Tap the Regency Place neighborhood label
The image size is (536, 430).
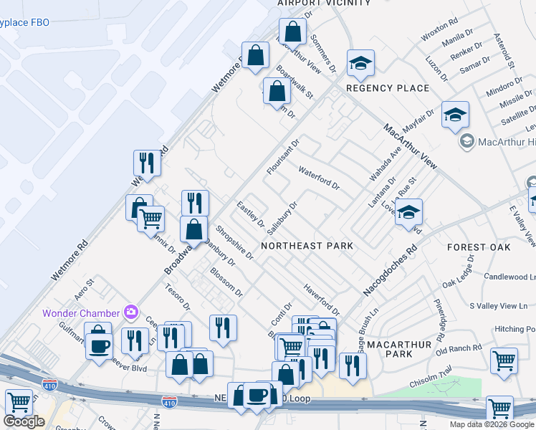tap(388, 88)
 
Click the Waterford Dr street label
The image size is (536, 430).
tap(319, 176)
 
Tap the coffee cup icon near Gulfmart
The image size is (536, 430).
tap(98, 345)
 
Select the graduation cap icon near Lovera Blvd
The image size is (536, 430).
tap(408, 213)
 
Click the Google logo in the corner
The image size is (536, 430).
tap(24, 421)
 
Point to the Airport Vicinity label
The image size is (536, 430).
tap(324, 4)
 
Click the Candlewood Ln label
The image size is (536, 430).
tap(509, 277)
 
